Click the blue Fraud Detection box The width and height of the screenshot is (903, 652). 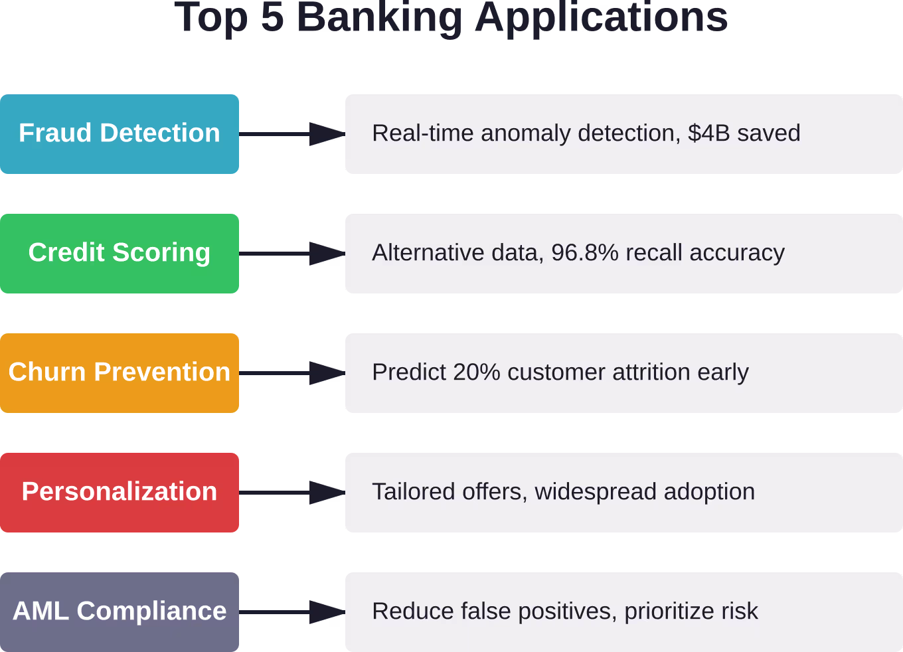point(120,134)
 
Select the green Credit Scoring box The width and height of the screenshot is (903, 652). point(120,254)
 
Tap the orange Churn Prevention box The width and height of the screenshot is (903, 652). point(120,373)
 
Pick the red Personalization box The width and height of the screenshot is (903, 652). point(120,493)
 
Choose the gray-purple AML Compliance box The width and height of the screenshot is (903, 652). point(120,612)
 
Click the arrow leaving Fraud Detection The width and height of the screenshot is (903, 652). point(292,134)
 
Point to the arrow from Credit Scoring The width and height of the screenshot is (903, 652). point(292,254)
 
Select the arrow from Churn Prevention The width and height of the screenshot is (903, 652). point(292,373)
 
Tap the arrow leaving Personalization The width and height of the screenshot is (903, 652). point(292,493)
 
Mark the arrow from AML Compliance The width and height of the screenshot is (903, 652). point(292,612)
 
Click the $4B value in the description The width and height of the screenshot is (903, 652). point(708,133)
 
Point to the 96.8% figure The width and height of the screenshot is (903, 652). point(585,252)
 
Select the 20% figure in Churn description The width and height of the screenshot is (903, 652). point(477,372)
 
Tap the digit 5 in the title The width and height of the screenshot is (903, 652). point(272,17)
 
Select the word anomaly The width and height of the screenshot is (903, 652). point(526,134)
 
